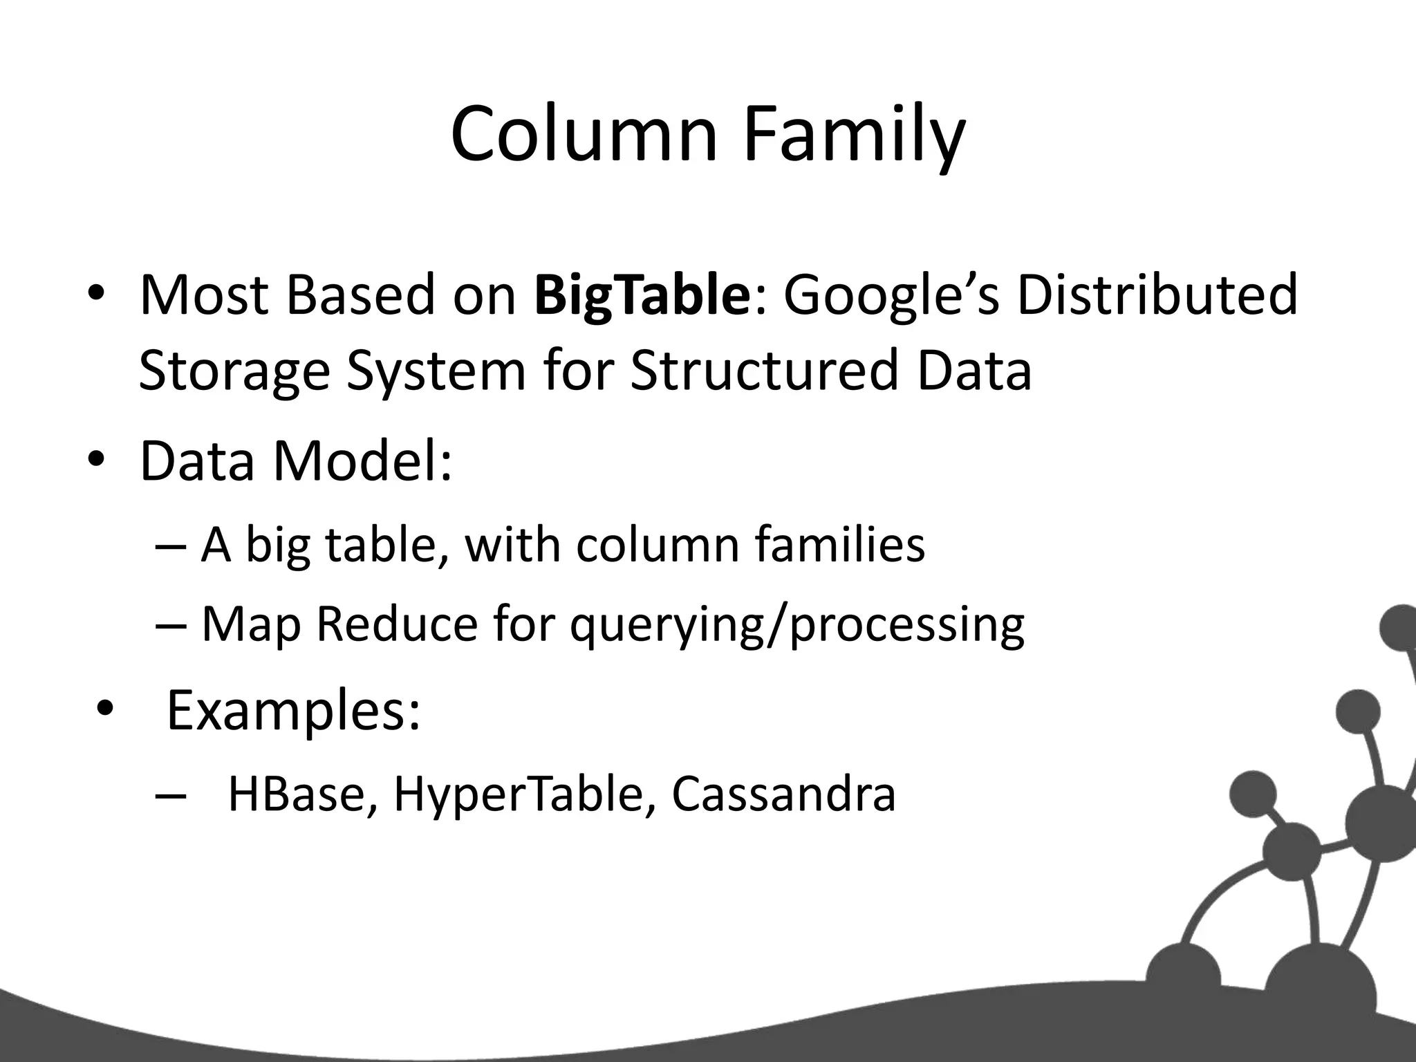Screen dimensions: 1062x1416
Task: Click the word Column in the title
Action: click(584, 135)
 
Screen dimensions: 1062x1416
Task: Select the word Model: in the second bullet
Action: click(362, 460)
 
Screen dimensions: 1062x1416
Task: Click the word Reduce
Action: click(397, 624)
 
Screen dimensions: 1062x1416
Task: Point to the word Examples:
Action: click(293, 711)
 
